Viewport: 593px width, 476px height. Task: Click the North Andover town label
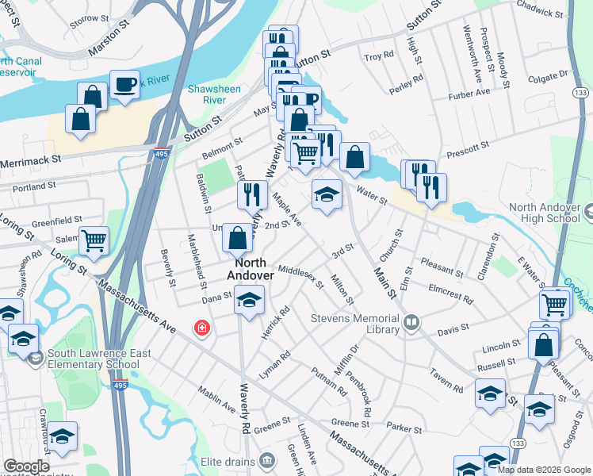tap(251, 269)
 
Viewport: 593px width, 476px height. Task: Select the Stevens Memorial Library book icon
tap(411, 321)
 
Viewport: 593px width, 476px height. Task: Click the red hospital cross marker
tap(203, 328)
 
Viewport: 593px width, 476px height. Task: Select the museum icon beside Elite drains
tap(267, 459)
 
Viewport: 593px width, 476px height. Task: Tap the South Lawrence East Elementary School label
tap(93, 359)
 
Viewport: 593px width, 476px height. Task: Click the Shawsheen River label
tap(215, 94)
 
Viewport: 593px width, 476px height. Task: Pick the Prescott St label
tap(467, 148)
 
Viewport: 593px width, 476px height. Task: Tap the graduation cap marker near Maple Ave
tap(326, 194)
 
